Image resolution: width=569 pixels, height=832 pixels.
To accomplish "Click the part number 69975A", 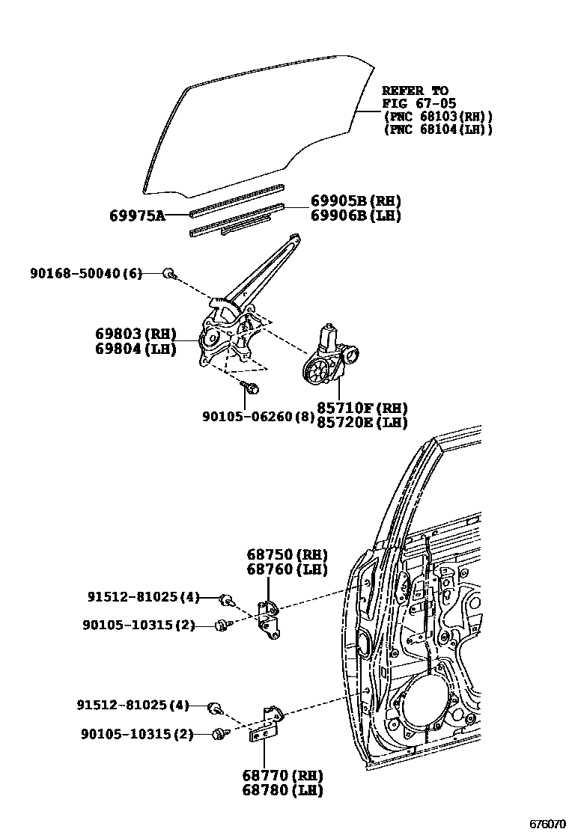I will pos(137,215).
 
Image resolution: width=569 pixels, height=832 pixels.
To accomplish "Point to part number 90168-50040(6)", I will pos(85,274).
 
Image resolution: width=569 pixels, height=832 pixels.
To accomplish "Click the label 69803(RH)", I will pos(135,333).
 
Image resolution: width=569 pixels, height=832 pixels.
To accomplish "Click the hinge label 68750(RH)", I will pos(287,555).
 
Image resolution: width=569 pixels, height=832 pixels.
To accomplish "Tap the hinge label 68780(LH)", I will pos(282,790).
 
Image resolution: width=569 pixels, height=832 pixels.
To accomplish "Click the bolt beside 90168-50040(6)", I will pos(170,274).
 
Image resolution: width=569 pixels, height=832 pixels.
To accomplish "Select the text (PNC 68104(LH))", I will pos(437,129).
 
